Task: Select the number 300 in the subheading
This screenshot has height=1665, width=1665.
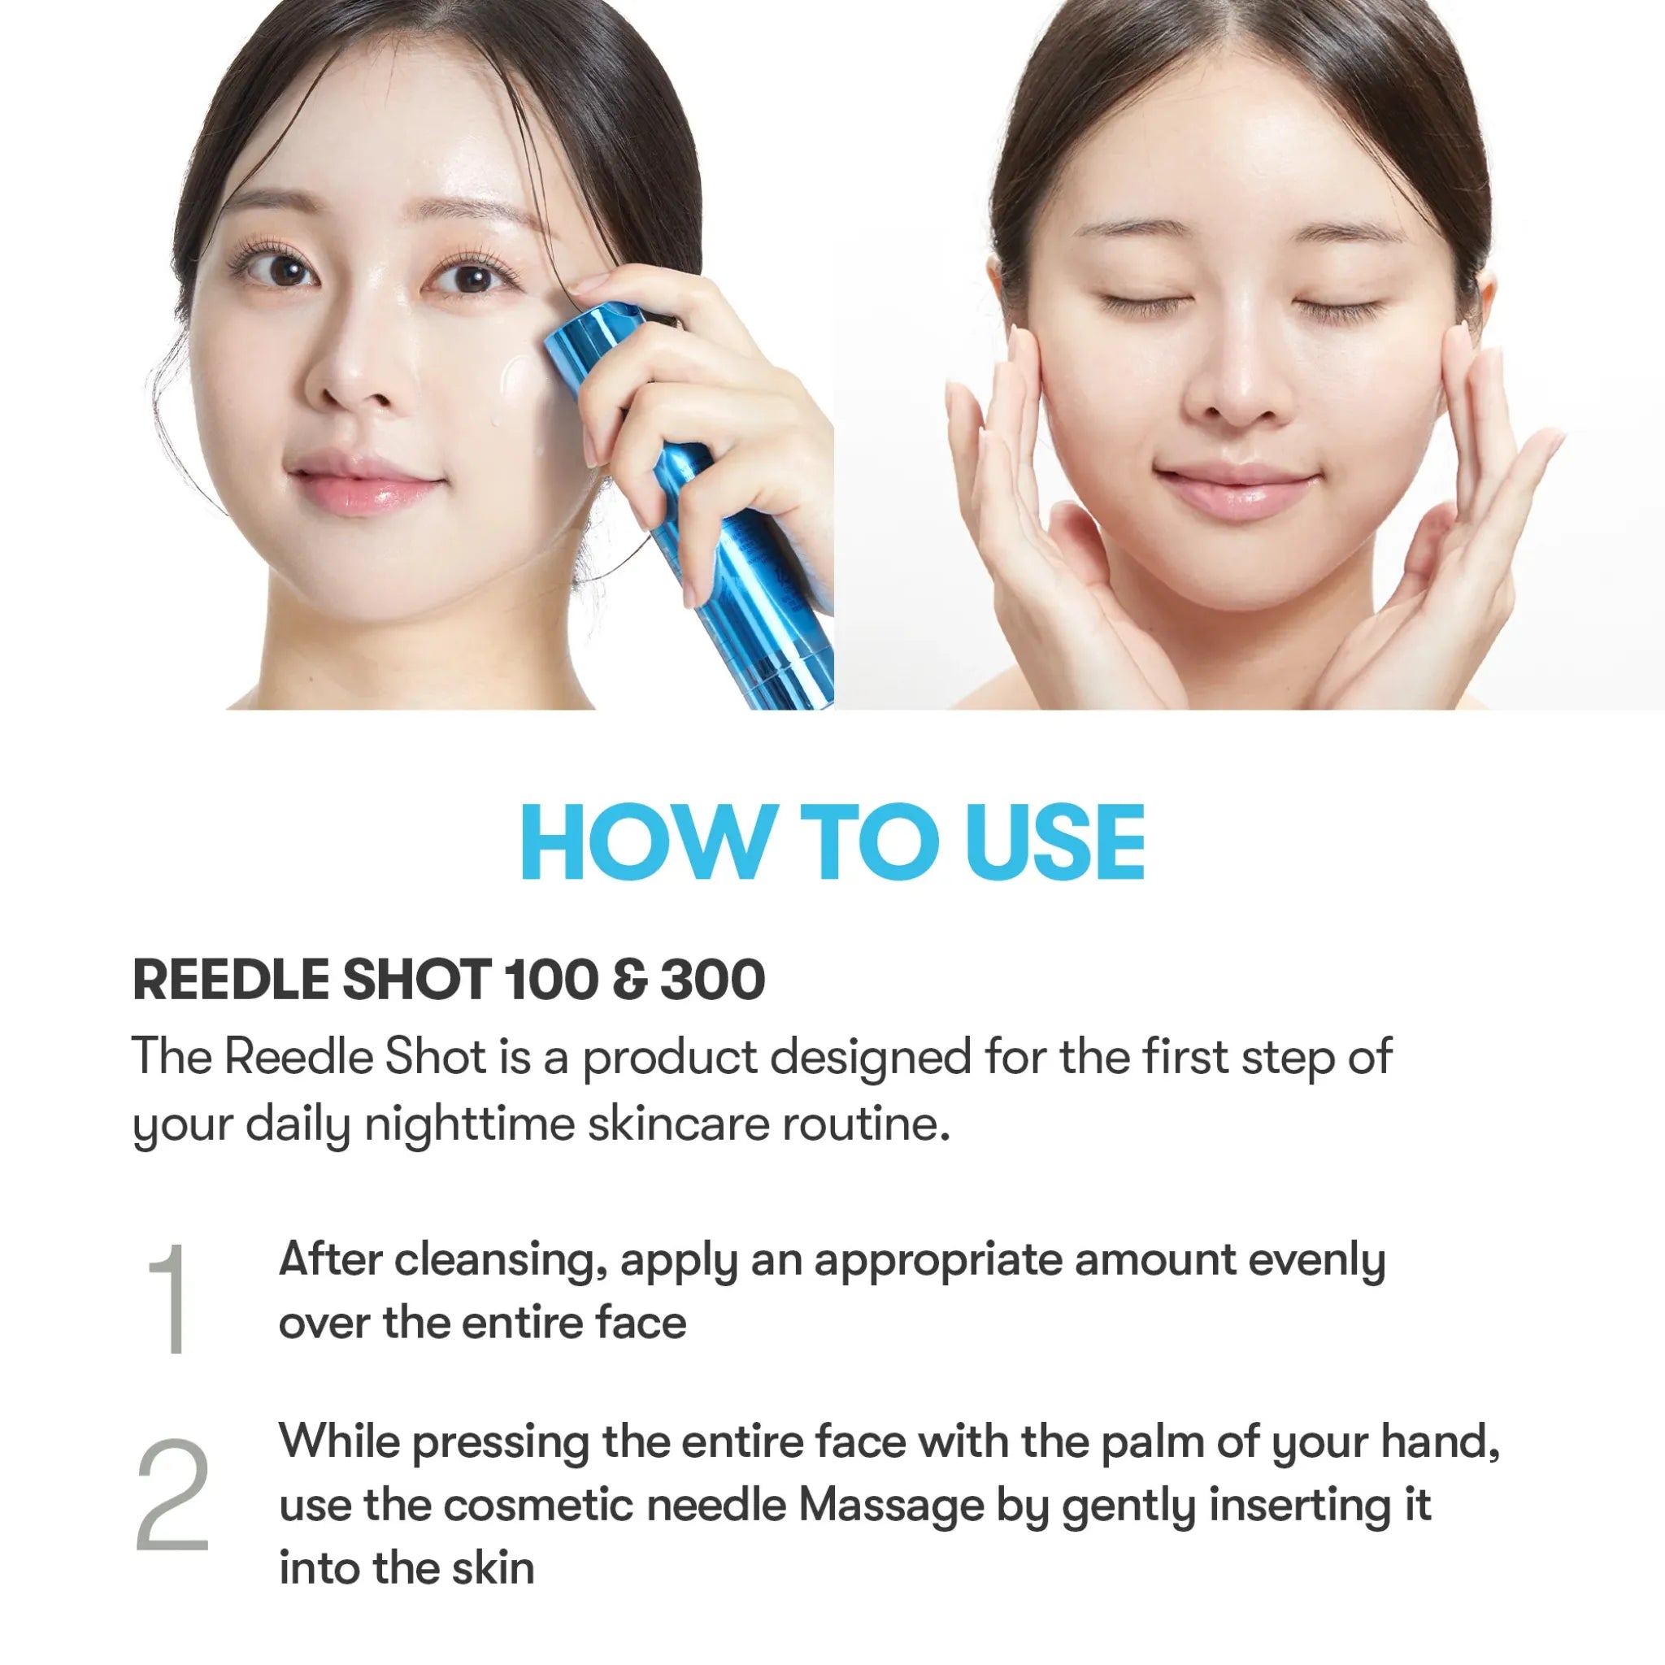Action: [713, 980]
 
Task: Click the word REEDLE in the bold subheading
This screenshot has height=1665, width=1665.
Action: [230, 980]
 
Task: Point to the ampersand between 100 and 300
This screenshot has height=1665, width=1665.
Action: [630, 980]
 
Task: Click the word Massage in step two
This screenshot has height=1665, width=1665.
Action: [891, 1506]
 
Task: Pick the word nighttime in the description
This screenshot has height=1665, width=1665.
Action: [470, 1124]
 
